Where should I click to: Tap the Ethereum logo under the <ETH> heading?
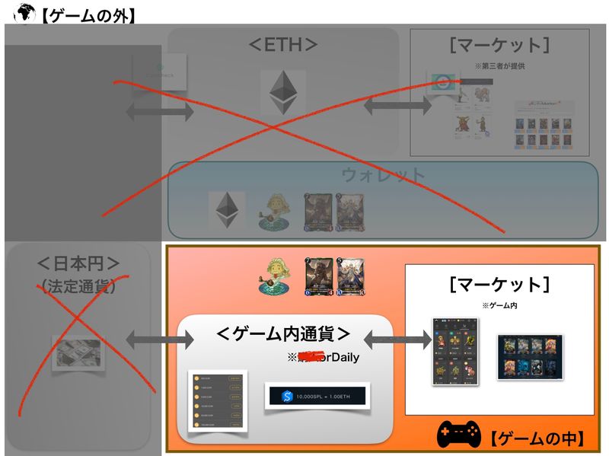(x=282, y=92)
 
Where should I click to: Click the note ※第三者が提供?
(x=499, y=66)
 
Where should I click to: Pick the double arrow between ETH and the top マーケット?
(x=387, y=106)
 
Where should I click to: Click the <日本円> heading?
(x=78, y=264)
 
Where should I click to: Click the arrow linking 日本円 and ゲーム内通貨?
(x=153, y=336)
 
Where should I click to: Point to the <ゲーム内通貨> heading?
(x=283, y=333)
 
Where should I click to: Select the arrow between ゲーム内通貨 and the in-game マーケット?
(x=398, y=336)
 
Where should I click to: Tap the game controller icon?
(x=458, y=436)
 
